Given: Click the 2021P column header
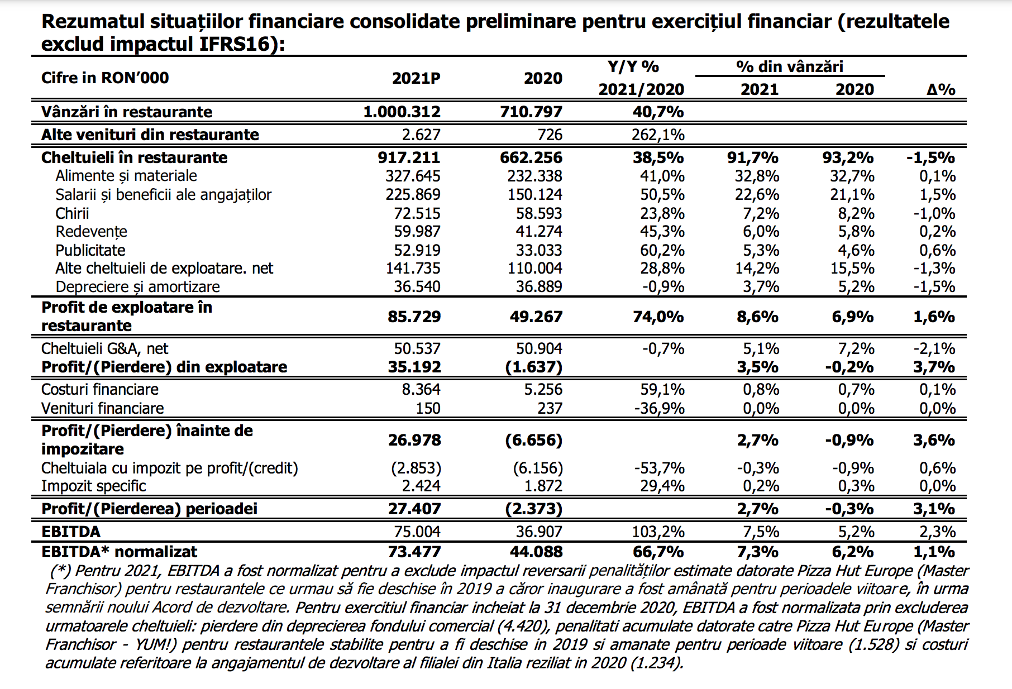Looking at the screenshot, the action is click(416, 78).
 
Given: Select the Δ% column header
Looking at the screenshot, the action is click(941, 89).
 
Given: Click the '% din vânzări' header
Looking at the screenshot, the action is click(790, 66).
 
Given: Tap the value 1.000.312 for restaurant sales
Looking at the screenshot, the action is click(402, 112).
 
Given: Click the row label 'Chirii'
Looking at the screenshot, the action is click(72, 213).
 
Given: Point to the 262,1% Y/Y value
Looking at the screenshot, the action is click(658, 135).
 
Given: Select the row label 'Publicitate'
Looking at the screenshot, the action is click(90, 250).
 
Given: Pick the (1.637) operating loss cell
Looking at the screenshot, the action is click(533, 367).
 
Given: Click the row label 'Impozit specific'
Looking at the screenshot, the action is click(93, 486).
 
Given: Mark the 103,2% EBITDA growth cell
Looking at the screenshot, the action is click(658, 532).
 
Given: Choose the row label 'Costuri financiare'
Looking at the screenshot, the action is click(100, 389).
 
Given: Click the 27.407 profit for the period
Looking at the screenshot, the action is click(414, 509).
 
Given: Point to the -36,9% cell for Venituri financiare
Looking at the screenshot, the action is click(660, 408).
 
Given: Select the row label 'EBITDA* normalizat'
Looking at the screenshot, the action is click(119, 552).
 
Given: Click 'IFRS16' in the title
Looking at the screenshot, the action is click(235, 44).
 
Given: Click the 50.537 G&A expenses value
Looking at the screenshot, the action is click(417, 348).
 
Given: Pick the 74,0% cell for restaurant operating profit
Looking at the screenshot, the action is click(658, 317).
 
